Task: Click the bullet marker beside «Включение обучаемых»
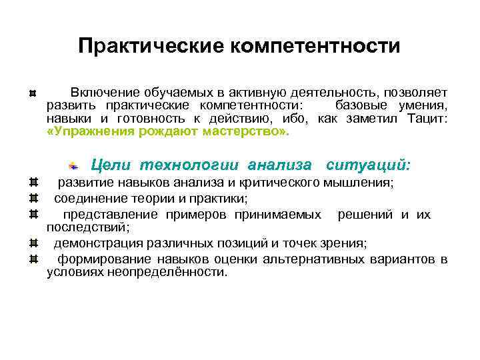point(34,93)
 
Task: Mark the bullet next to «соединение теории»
point(34,199)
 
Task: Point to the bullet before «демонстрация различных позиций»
point(34,242)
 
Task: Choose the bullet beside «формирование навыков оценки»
point(34,259)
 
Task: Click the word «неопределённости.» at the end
point(176,272)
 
